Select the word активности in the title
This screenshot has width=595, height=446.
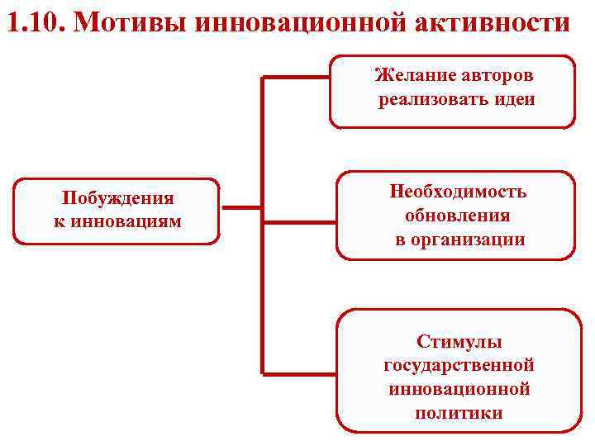(x=493, y=21)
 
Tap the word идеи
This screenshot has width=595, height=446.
(x=512, y=100)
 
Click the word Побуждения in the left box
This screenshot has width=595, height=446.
(x=117, y=198)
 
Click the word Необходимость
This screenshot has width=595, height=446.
(x=458, y=192)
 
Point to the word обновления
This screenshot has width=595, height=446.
(x=458, y=216)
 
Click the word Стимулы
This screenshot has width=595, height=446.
(x=459, y=341)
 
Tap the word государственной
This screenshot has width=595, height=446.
(x=459, y=364)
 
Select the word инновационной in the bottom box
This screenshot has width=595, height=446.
(x=459, y=387)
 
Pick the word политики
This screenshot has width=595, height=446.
(x=459, y=412)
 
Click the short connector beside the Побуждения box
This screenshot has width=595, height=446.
(x=241, y=207)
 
